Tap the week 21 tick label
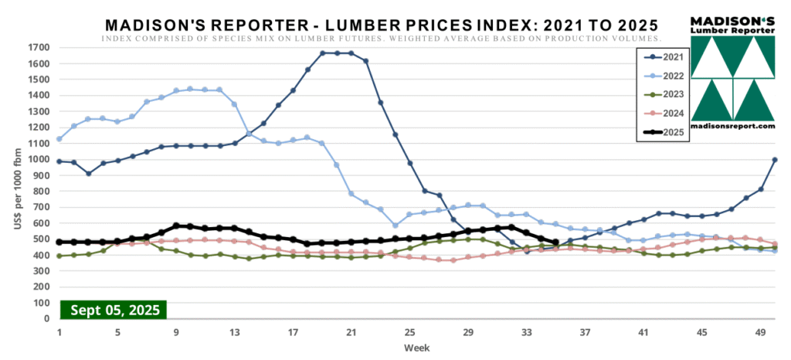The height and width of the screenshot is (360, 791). (351, 333)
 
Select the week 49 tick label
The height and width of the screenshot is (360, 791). (759, 333)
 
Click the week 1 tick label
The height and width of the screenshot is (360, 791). (59, 333)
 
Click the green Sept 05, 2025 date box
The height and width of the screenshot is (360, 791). (115, 311)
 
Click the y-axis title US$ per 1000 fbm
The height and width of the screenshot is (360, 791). (14, 183)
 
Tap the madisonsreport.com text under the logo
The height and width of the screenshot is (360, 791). (732, 126)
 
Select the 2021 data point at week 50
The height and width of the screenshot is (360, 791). (774, 160)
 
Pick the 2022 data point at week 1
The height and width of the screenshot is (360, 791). (59, 139)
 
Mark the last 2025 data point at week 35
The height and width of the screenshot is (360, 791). (555, 242)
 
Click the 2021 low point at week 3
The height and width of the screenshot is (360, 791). (89, 174)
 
